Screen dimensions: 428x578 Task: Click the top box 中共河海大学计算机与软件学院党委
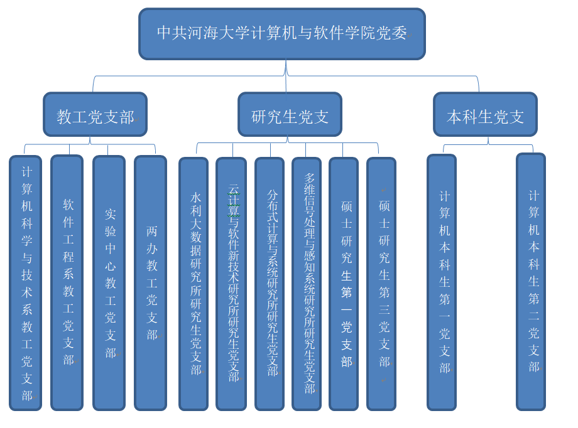[x=282, y=34]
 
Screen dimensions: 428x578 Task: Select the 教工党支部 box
[x=95, y=114]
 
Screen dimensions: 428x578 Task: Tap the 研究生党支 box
[x=290, y=114]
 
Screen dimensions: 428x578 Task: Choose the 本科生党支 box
[x=485, y=114]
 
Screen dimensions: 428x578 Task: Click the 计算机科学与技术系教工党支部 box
[x=26, y=282]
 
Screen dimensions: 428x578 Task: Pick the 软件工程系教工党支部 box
[x=67, y=282]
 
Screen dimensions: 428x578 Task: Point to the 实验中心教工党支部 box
[x=109, y=282]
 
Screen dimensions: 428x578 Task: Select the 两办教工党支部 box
[x=151, y=282]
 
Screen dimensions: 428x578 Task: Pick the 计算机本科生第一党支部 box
[x=442, y=282]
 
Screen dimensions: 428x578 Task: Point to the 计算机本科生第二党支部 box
[x=531, y=282]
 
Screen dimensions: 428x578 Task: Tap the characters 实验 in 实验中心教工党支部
[x=110, y=222]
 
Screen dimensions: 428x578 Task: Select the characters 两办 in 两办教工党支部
[x=152, y=240]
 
